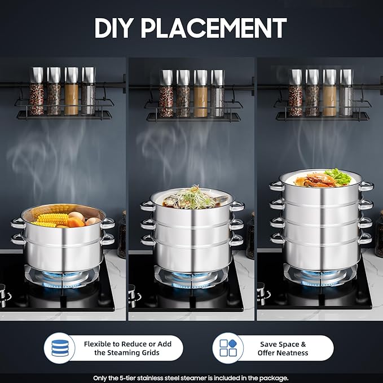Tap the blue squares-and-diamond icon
pos(228,348)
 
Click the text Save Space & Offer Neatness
pos(283,348)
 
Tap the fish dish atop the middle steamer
pos(192,197)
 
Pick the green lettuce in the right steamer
pos(338,176)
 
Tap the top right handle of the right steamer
pos(367,186)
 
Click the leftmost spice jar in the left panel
pos(37,91)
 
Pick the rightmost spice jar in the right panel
pos(346,93)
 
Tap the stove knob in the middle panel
pos(134,293)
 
